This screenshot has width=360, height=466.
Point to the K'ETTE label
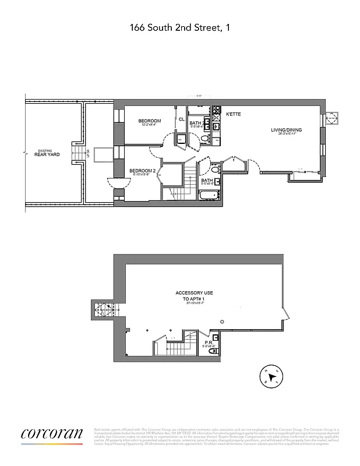233,115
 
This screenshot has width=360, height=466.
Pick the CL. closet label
181,120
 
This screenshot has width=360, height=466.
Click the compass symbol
270,375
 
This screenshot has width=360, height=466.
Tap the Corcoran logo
52,435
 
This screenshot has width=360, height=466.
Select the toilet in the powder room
215,337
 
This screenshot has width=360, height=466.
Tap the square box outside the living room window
331,118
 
